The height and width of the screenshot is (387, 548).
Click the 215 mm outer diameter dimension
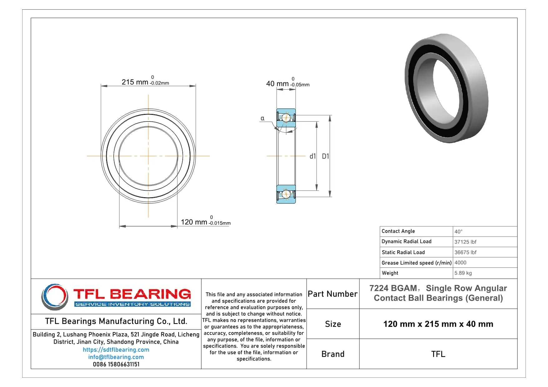pos(135,82)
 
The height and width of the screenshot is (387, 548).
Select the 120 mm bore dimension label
pos(194,222)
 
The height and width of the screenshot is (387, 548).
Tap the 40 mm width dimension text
pos(277,84)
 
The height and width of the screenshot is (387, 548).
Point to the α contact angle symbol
pos(262,118)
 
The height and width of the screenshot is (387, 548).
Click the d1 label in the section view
pos(313,156)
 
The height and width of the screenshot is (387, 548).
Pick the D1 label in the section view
pos(325,156)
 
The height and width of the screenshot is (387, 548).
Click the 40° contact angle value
pos(458,232)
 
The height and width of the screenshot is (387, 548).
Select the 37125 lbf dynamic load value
pos(465,242)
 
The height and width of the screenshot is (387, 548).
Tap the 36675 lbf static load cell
pos(465,252)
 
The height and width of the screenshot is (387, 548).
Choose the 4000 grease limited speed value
pos(460,262)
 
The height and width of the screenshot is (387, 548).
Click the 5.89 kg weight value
pos(463,273)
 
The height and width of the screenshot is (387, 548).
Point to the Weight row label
pos(390,273)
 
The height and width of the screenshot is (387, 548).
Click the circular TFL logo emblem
pos(55,296)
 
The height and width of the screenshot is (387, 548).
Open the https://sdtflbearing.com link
pos(116,350)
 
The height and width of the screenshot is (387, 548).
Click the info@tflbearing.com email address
pos(116,357)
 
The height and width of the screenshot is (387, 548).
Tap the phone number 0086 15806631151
pos(116,364)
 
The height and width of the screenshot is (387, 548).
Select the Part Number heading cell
pos(333,294)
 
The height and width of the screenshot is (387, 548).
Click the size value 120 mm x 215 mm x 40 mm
pos(438,324)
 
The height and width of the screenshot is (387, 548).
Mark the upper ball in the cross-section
pos(286,118)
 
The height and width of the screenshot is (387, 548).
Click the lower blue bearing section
pos(286,194)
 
